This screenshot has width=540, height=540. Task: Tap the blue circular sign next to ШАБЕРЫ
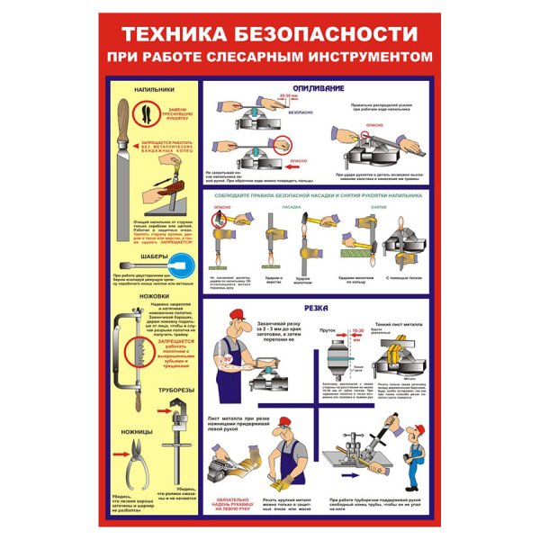pos(181,264)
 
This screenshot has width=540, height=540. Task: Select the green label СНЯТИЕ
pos(378,206)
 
